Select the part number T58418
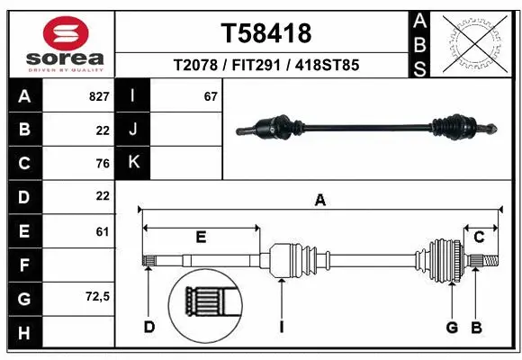tap(266, 33)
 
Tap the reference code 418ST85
tap(328, 66)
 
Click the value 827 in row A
tap(99, 96)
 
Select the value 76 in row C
tap(102, 163)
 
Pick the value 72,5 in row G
tap(96, 296)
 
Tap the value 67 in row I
tap(211, 96)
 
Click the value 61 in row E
tap(102, 231)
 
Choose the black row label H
tap(24, 333)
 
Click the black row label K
tap(133, 163)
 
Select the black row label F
tap(24, 265)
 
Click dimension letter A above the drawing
tap(319, 201)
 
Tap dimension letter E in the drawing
tap(201, 238)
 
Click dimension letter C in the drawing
tap(480, 238)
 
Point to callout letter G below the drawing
tap(453, 327)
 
